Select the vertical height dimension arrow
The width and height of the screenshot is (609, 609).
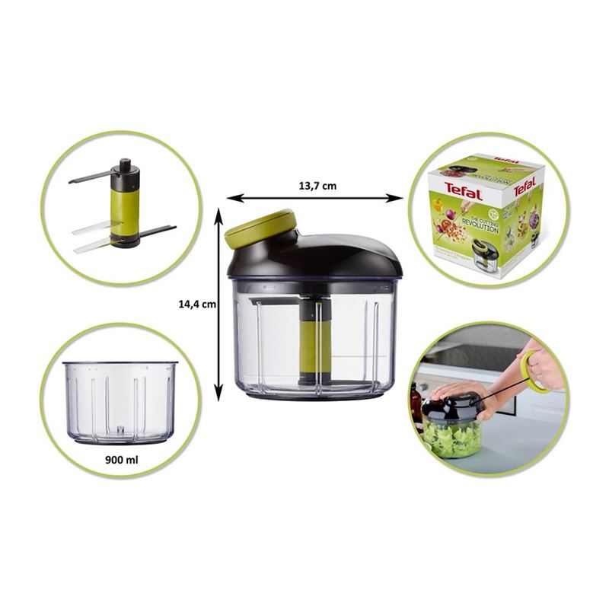pos(218,304)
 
